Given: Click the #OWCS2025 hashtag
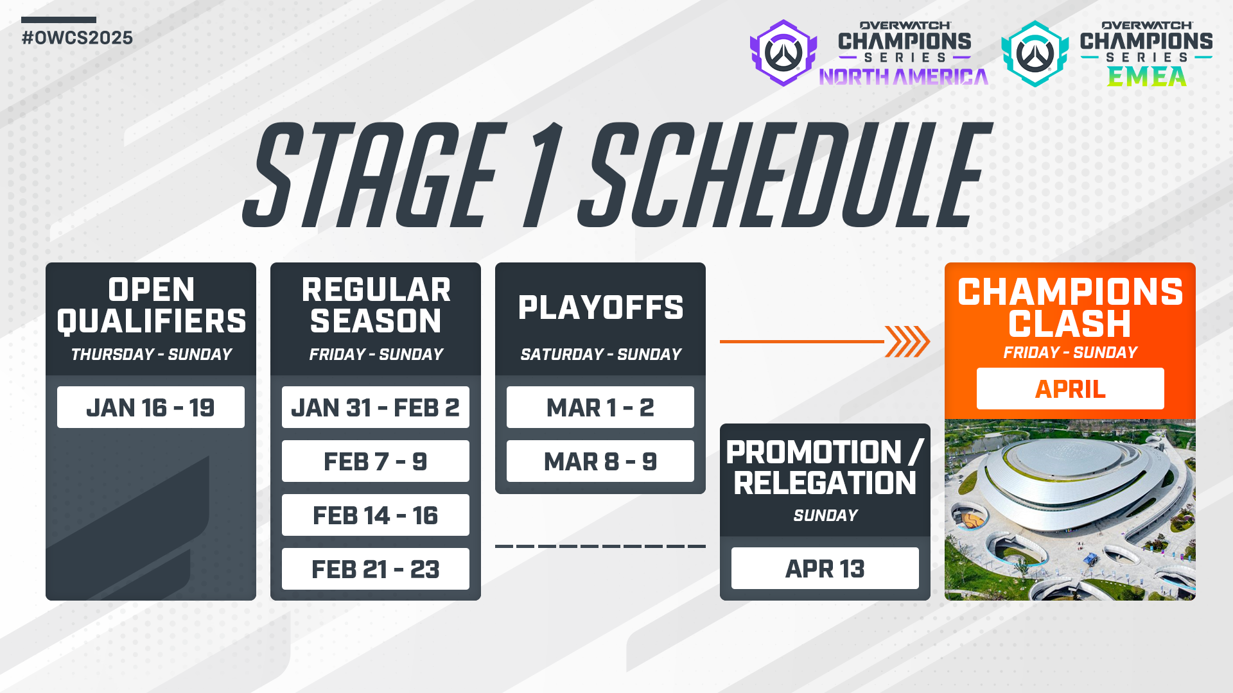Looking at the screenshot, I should (x=77, y=38).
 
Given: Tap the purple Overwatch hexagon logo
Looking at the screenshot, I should (x=783, y=53).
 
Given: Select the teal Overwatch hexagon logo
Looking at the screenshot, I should (x=1034, y=54).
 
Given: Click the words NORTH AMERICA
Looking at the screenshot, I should (x=904, y=78).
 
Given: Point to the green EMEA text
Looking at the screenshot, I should (x=1146, y=77).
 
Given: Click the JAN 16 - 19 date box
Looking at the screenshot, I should (x=150, y=407).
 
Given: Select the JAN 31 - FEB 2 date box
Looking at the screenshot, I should (x=375, y=407).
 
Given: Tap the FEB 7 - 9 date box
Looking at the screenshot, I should (x=375, y=461).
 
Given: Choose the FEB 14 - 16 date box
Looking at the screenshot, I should (x=375, y=515).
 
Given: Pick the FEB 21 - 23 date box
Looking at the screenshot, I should (x=375, y=569).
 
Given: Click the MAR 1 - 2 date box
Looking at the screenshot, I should (x=600, y=407).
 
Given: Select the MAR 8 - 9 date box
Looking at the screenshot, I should (x=600, y=461).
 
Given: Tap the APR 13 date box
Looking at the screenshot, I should (x=825, y=569).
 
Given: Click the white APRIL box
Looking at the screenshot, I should (x=1070, y=389).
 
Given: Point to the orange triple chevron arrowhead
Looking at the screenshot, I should (x=907, y=341).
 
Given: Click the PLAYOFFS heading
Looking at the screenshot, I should (x=600, y=307).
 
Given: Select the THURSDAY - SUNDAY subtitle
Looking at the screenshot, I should (x=151, y=354).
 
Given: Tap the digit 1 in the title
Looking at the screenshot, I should (x=543, y=176).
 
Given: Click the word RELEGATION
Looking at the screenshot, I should (x=825, y=483).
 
